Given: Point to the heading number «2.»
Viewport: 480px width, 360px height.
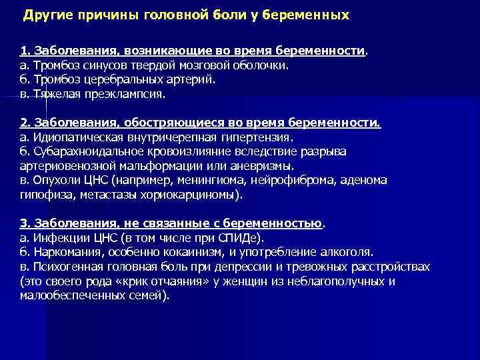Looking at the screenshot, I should point(25,123).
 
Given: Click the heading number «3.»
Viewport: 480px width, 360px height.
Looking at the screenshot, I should point(25,223).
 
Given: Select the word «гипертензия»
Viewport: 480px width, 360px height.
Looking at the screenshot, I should point(256,137).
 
